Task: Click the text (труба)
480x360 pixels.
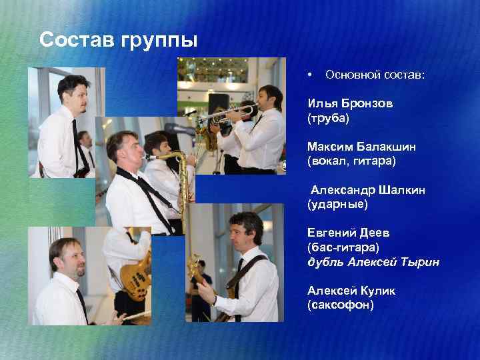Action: pyautogui.click(x=329, y=118)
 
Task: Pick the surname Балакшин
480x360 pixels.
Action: pyautogui.click(x=378, y=146)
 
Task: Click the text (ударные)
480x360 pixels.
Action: pyautogui.click(x=337, y=204)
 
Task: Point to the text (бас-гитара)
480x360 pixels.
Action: pyautogui.click(x=342, y=247)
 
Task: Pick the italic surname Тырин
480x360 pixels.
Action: pyautogui.click(x=419, y=262)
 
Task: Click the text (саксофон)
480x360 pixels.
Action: pyautogui.click(x=341, y=305)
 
